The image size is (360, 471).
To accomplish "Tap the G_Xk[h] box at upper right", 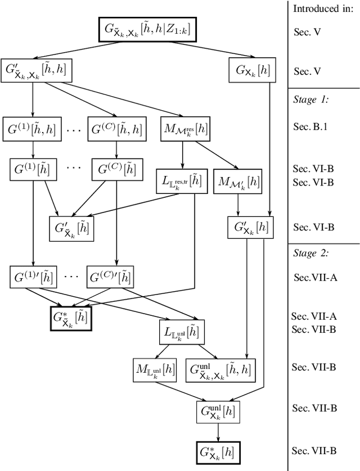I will click(251, 71).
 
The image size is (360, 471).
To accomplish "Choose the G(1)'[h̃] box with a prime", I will click(33, 277).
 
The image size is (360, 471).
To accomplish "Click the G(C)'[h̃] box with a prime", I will click(116, 277).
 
